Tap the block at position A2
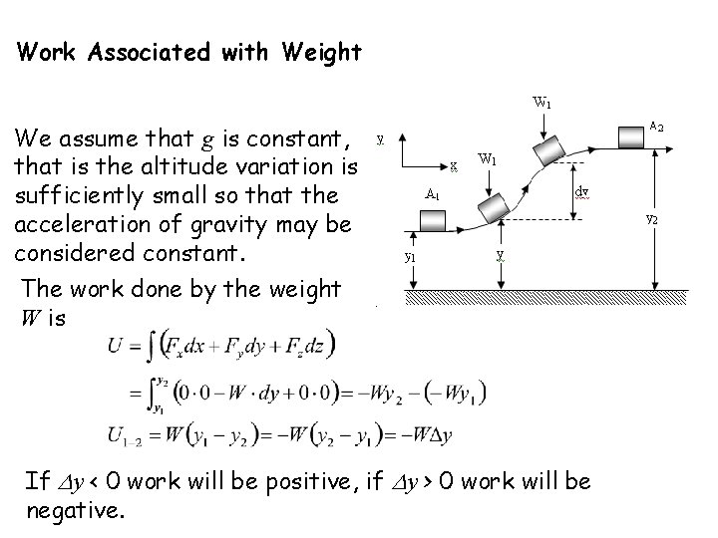click(629, 133)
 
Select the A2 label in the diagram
click(657, 127)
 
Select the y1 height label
click(410, 256)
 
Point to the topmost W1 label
click(542, 101)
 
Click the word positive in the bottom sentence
click(288, 483)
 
